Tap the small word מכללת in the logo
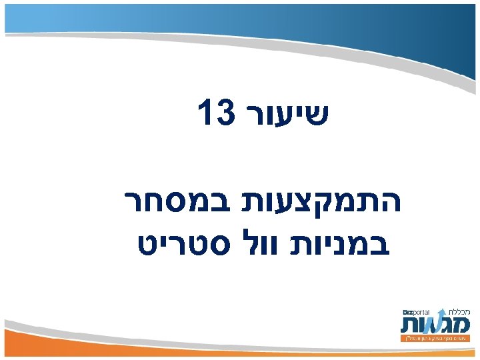click(457, 311)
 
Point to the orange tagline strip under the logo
click(436, 339)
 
